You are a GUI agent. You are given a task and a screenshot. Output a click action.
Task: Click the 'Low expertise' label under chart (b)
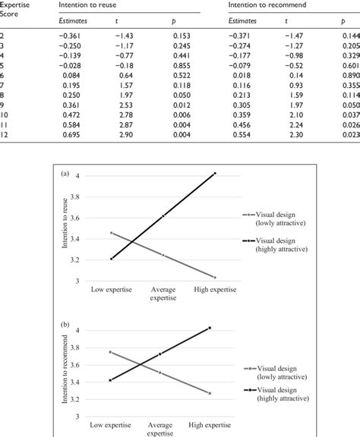pos(110,427)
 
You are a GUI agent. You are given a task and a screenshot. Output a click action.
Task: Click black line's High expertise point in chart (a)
pos(215,173)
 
